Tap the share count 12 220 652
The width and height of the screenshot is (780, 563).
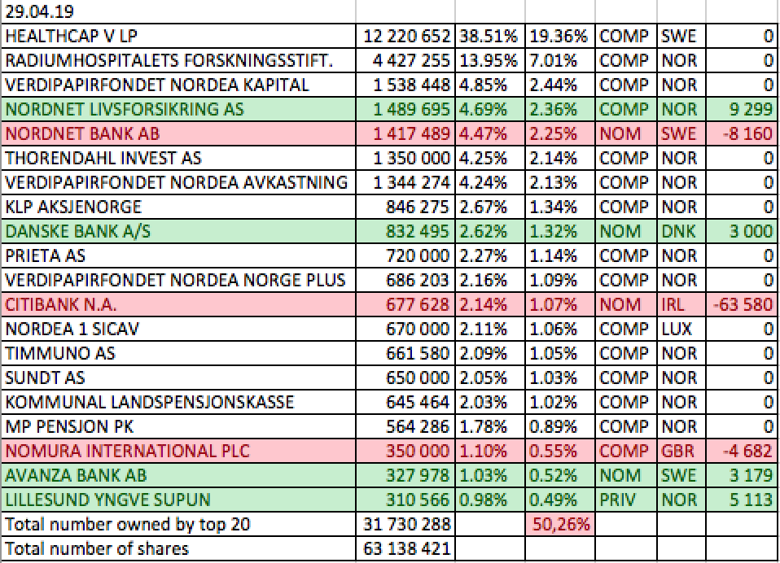pos(407,37)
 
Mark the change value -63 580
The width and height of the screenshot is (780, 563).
pos(743,305)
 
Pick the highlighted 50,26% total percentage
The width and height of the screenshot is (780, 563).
pos(561,525)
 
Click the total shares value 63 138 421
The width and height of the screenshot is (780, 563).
pos(407,549)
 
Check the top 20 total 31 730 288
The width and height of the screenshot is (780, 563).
pos(407,525)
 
